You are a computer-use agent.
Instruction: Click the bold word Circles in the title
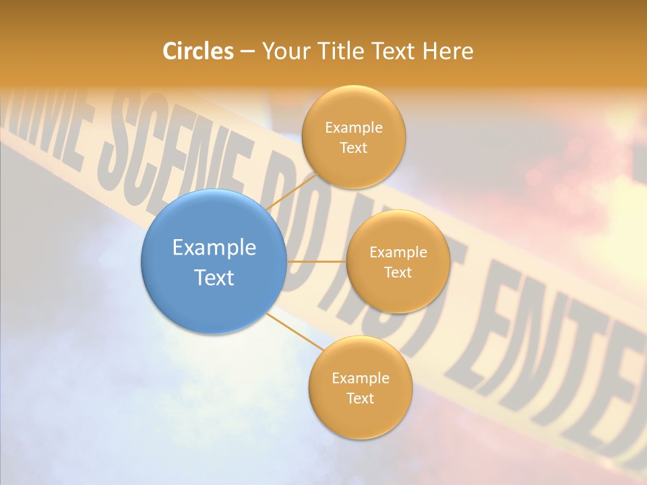tap(198, 51)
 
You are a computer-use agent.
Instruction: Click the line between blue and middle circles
tap(317, 261)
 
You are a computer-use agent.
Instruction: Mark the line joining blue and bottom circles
tap(293, 330)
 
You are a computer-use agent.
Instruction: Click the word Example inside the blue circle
tap(214, 248)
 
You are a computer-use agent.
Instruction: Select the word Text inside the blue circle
tap(214, 278)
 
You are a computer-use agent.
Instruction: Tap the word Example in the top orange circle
tap(354, 128)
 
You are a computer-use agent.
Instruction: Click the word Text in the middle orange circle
tap(398, 273)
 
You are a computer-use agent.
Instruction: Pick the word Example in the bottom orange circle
tap(361, 379)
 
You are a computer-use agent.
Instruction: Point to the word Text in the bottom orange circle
tap(361, 399)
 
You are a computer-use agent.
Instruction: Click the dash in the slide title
tap(247, 52)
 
